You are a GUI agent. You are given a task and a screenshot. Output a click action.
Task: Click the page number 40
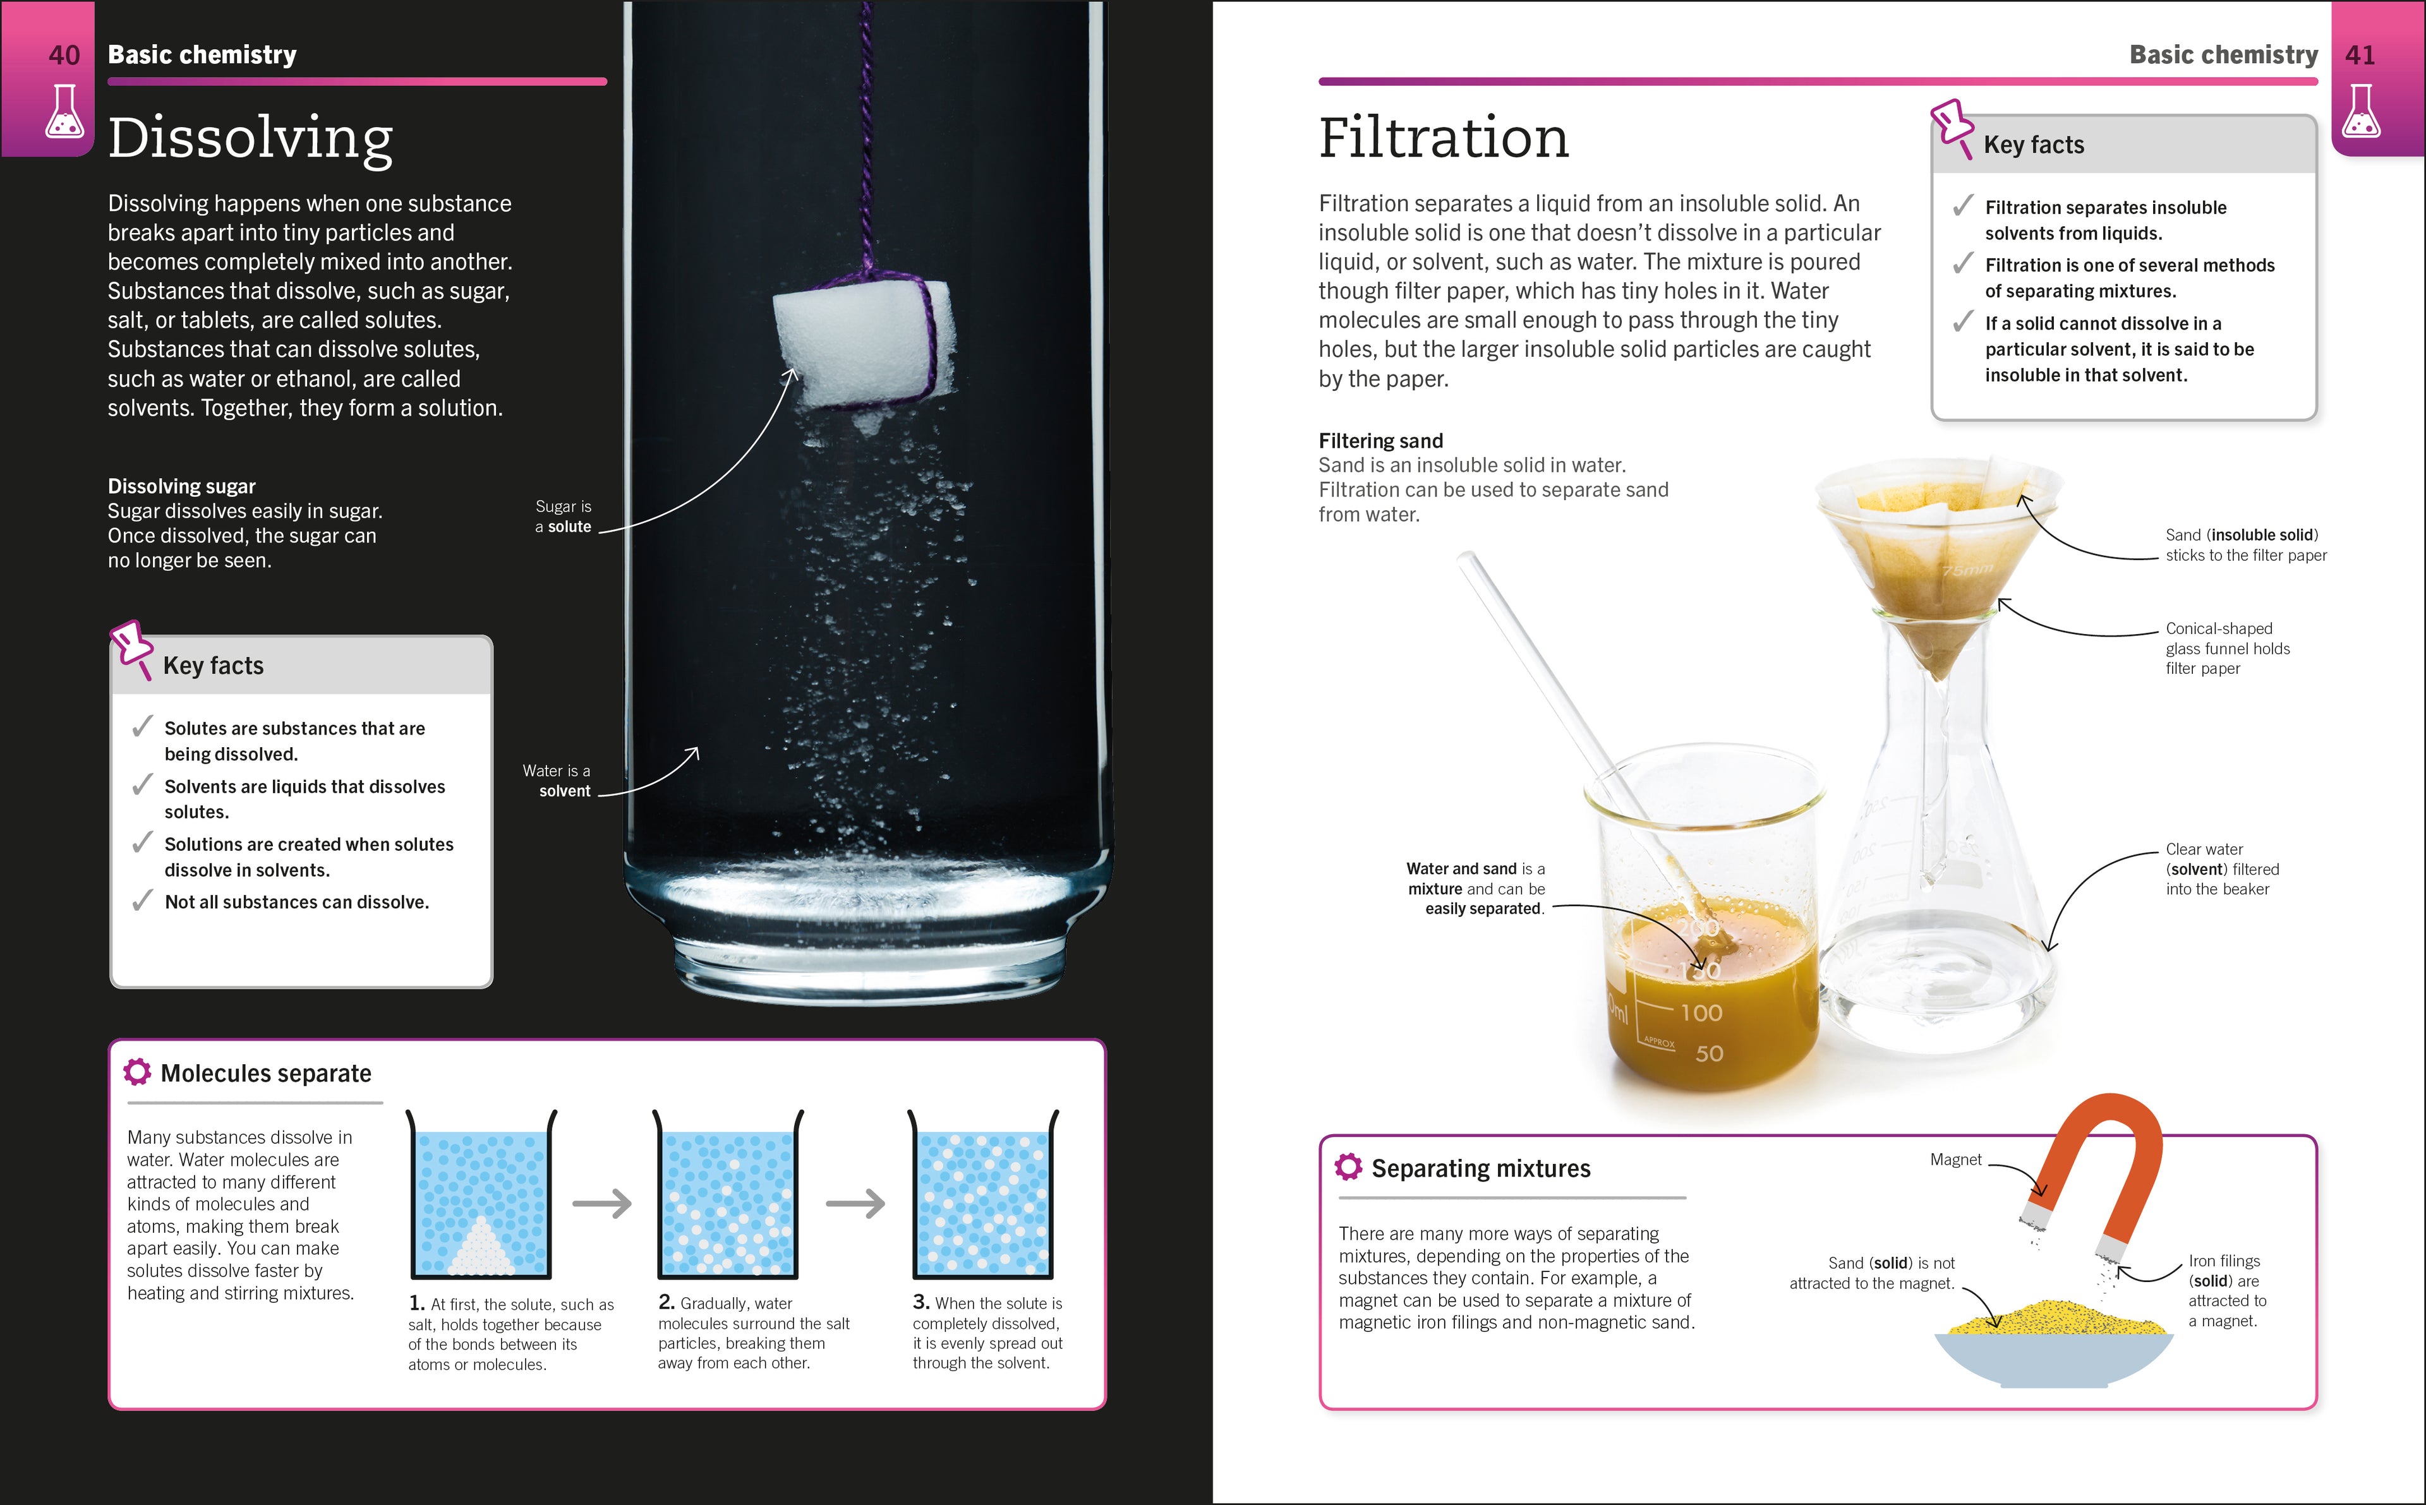pos(64,55)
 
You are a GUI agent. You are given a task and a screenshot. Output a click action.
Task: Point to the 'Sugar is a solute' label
pos(564,517)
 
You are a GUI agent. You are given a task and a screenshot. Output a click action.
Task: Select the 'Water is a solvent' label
pos(557,781)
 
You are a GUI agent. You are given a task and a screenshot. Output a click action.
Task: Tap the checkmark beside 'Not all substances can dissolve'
pos(142,901)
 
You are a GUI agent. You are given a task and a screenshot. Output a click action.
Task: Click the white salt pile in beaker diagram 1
pos(481,1249)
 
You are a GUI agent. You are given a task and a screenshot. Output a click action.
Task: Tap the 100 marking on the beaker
pos(1701,1013)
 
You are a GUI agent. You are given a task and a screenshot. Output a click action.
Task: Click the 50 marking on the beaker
pos(1709,1053)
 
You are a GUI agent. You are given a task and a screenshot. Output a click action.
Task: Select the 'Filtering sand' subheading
pos(1381,441)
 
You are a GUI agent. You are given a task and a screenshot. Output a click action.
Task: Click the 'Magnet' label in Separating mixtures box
pos(1955,1160)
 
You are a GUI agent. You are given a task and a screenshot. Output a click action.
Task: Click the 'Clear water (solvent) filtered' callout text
pos(2222,869)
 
